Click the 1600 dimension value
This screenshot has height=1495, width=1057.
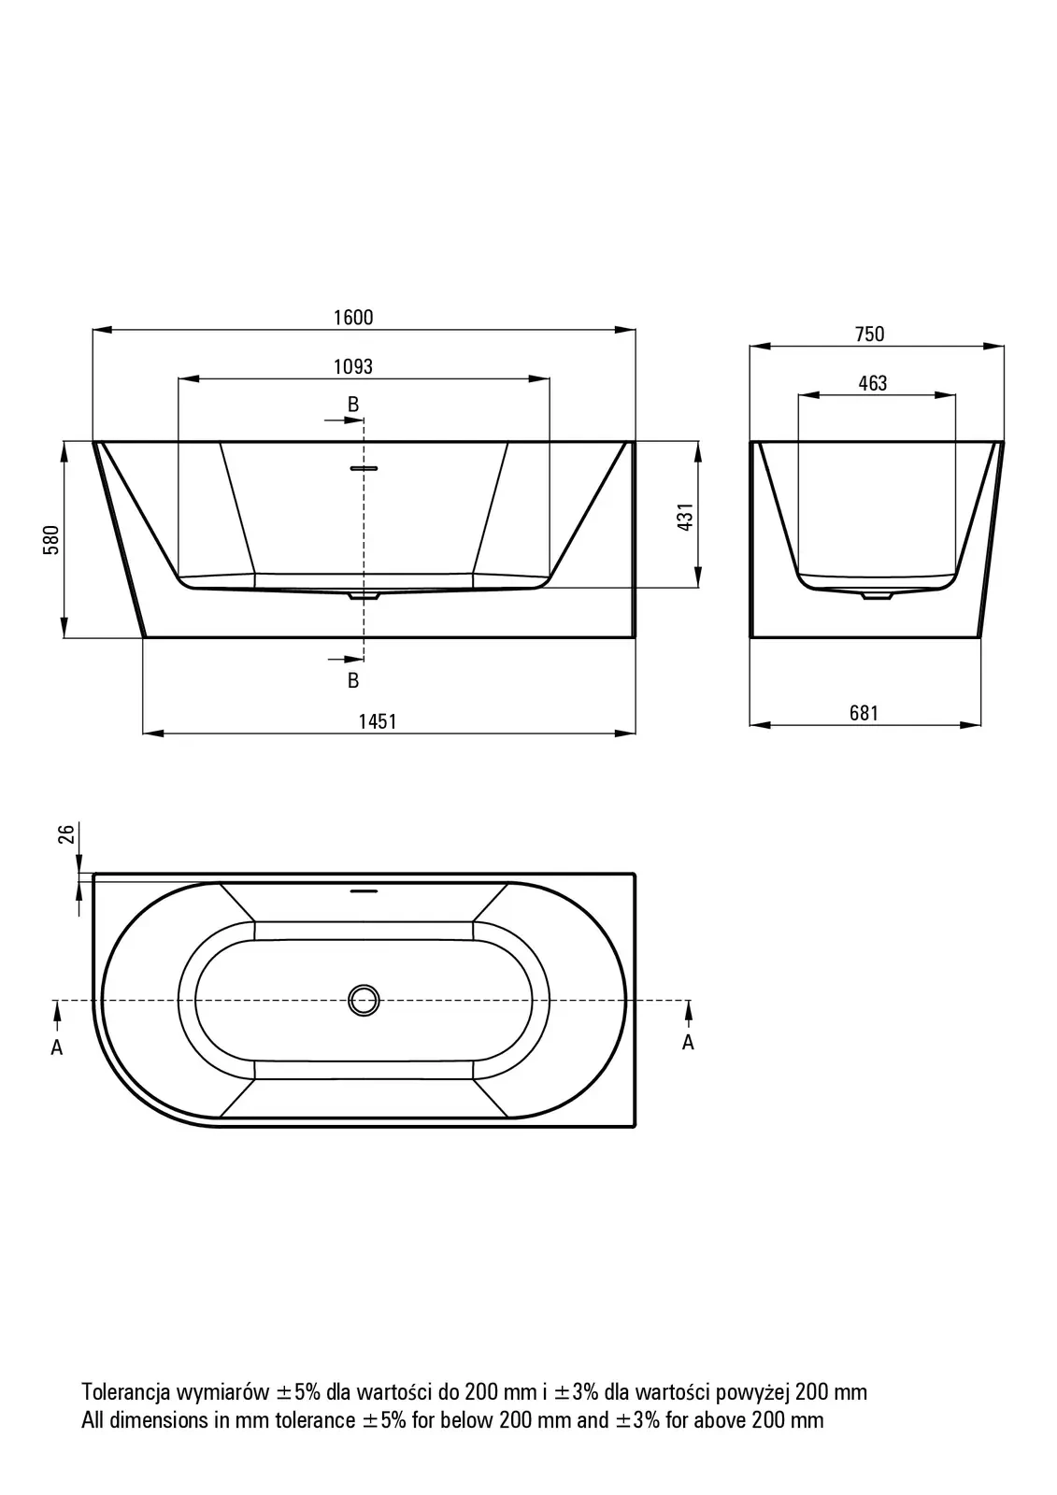point(353,318)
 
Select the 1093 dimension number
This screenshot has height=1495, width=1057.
point(353,366)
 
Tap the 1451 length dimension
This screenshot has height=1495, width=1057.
point(378,721)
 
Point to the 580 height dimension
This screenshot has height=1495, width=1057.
point(51,540)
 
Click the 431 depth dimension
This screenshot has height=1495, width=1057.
point(686,517)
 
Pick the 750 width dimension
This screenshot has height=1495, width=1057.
point(869,334)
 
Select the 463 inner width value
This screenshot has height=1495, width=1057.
point(873,383)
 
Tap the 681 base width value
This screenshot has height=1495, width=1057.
point(864,714)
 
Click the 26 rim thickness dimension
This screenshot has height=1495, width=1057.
point(66,834)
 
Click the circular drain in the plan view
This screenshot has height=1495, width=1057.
point(364,1001)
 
